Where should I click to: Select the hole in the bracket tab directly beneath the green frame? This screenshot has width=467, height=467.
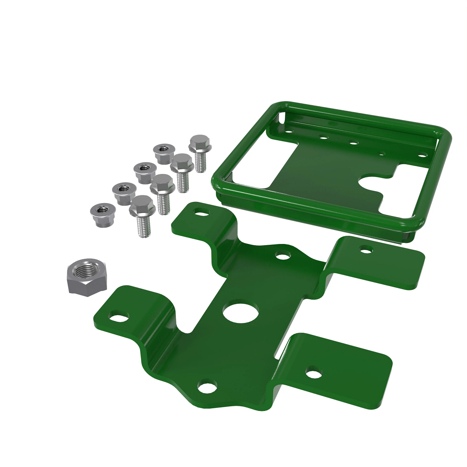(x=366, y=249)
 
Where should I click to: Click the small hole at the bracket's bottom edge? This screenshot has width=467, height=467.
(x=206, y=387)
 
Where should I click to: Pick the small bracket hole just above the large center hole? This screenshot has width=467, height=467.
(x=283, y=256)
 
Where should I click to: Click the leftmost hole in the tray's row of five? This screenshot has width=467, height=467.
(x=289, y=132)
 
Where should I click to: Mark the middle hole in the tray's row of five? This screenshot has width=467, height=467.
(x=353, y=142)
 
